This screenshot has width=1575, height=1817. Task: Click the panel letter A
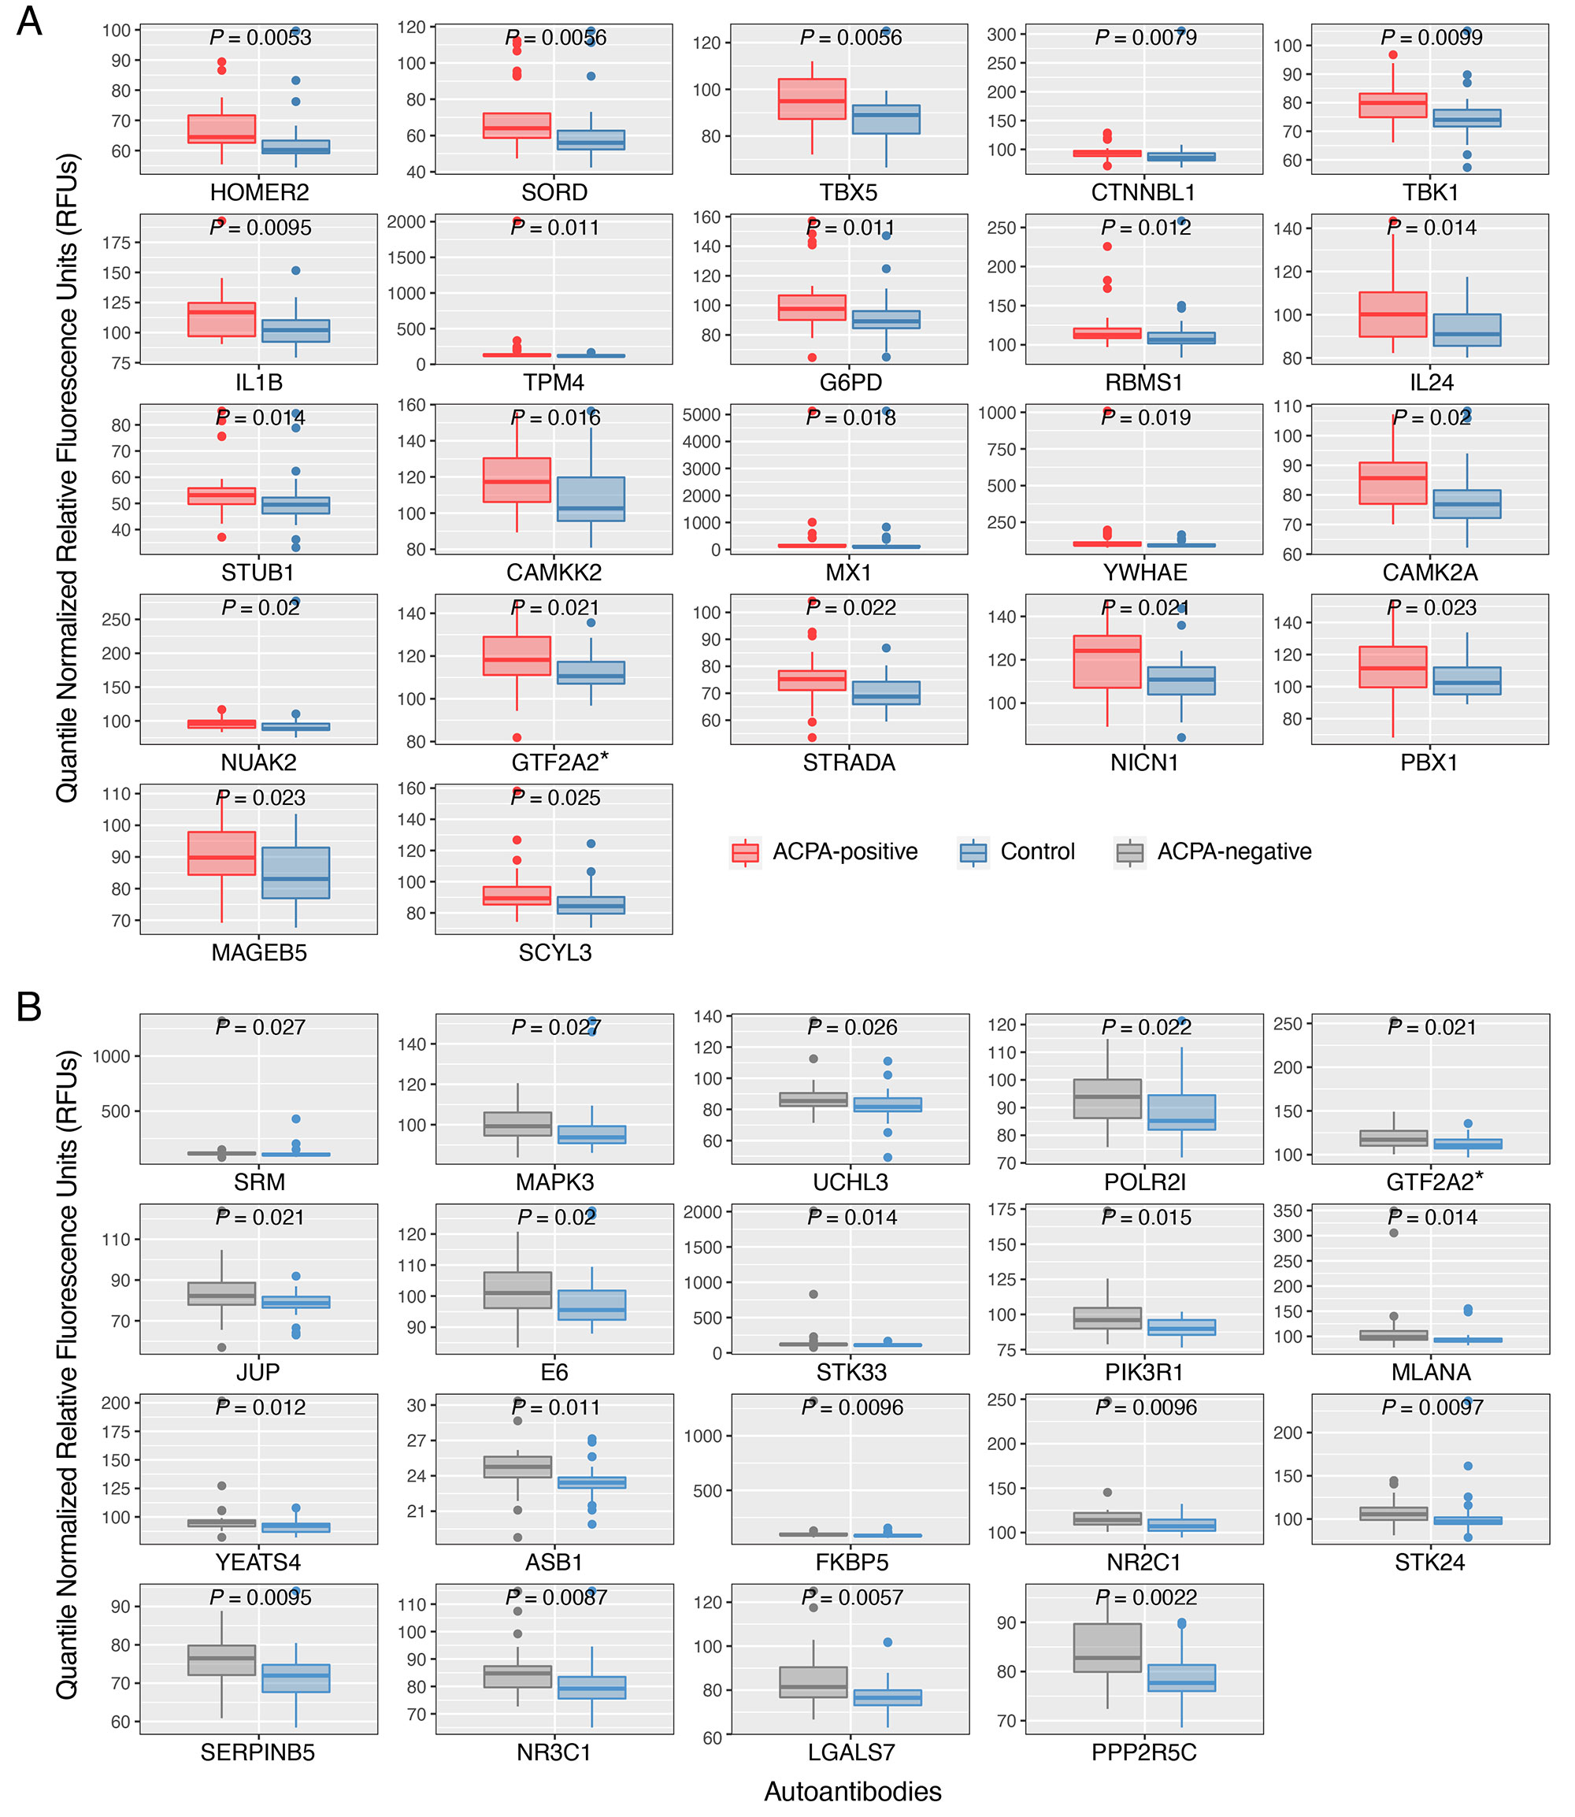pos(29,21)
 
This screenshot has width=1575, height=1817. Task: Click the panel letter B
pos(29,1007)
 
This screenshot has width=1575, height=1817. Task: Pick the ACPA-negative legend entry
pos(1214,852)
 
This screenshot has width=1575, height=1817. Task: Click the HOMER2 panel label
pos(259,192)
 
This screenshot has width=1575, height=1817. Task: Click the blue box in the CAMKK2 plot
pos(591,499)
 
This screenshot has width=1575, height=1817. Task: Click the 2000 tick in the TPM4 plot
pos(406,221)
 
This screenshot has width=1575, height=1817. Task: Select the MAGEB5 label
pos(259,953)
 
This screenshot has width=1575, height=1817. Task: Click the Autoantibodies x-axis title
pos(853,1792)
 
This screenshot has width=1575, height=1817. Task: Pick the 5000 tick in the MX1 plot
pos(702,414)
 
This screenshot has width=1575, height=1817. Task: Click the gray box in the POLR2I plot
pos(1107,1099)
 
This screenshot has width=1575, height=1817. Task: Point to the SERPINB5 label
pos(258,1753)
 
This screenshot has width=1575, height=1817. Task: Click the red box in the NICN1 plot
pos(1107,661)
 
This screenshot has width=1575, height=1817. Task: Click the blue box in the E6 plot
pos(591,1305)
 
